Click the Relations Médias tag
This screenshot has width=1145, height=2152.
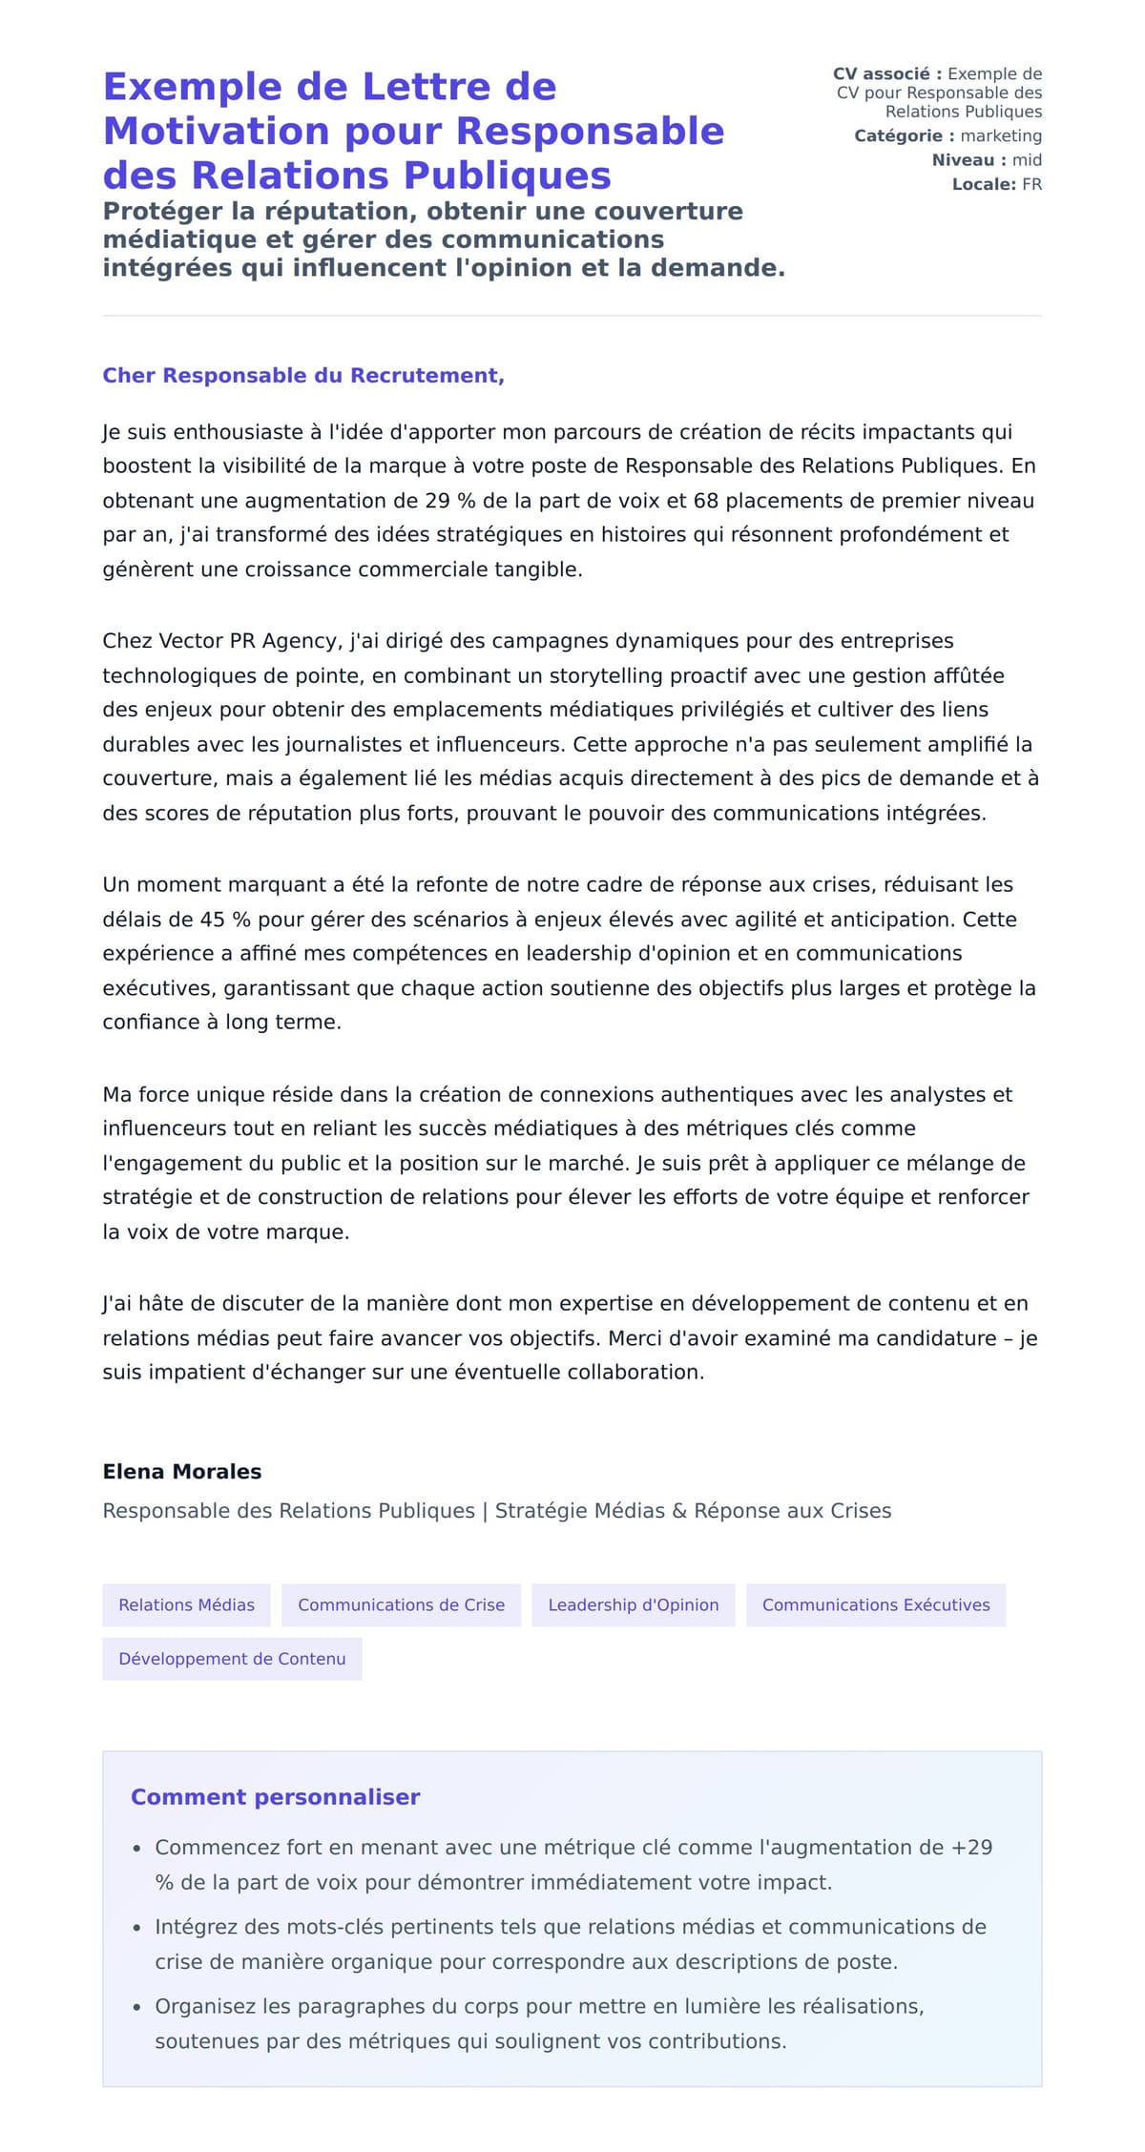pos(186,1604)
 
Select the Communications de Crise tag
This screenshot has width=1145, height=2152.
pos(401,1604)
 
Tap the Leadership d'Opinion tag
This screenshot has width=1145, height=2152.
pos(633,1604)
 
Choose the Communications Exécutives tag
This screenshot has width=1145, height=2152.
pos(875,1604)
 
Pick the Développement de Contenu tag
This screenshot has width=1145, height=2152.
pos(232,1659)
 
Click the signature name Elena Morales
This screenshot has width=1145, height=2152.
pos(181,1471)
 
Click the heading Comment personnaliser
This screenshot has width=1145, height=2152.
pos(275,1797)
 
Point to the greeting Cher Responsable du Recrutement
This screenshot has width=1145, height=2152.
pos(302,376)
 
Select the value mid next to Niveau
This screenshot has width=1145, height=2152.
pos(1027,160)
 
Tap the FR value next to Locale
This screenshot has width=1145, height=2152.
pos(1031,184)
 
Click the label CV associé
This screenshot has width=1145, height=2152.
pos(886,73)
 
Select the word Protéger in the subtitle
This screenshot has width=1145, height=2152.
pos(156,211)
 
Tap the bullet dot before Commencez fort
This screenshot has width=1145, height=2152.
pos(137,1849)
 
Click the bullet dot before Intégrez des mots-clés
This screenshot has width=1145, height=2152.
pos(137,1928)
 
